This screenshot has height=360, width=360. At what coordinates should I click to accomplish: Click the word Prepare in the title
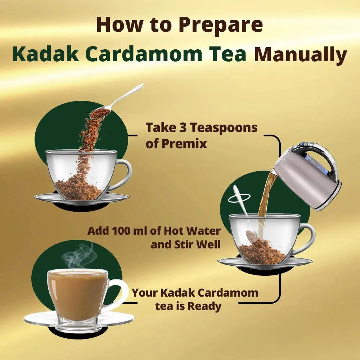[x=221, y=26]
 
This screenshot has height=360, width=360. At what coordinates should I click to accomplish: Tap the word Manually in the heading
[x=300, y=55]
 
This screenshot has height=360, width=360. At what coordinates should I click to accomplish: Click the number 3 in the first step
[x=183, y=128]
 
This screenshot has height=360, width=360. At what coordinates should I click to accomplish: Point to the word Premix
[x=184, y=144]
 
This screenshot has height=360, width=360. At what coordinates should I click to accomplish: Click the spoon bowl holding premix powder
[x=100, y=113]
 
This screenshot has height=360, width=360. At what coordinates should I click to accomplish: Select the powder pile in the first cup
[x=78, y=189]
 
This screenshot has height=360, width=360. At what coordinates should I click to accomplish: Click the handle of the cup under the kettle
[x=305, y=239]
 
